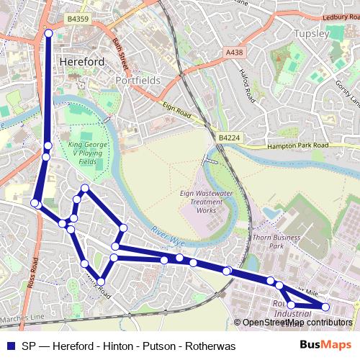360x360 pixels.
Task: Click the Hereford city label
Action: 82,61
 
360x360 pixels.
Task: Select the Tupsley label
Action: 312,34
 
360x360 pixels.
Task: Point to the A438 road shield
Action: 234,53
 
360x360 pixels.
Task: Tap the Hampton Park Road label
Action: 297,145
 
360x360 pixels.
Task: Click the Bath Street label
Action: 120,50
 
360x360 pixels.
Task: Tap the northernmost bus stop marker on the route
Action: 49,33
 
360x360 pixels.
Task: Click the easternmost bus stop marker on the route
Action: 325,307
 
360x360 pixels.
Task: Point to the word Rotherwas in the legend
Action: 210,346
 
